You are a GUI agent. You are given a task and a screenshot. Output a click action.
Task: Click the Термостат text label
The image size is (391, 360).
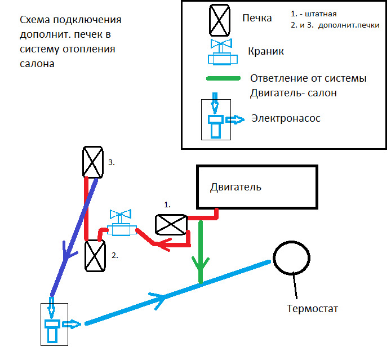pyautogui.click(x=313, y=309)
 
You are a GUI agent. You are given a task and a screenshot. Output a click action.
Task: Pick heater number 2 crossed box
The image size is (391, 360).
pyautogui.click(x=95, y=256)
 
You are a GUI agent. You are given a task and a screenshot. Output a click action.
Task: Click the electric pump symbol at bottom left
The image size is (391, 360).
pyautogui.click(x=54, y=324)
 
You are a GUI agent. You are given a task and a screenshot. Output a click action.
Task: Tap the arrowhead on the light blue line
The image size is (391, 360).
pyautogui.click(x=159, y=297)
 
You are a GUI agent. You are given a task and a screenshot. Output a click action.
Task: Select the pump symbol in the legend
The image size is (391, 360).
pyautogui.click(x=216, y=119)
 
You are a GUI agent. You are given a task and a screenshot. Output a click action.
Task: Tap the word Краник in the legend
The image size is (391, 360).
pyautogui.click(x=266, y=51)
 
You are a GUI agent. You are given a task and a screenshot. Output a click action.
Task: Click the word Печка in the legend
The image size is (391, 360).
pyautogui.click(x=257, y=17)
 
